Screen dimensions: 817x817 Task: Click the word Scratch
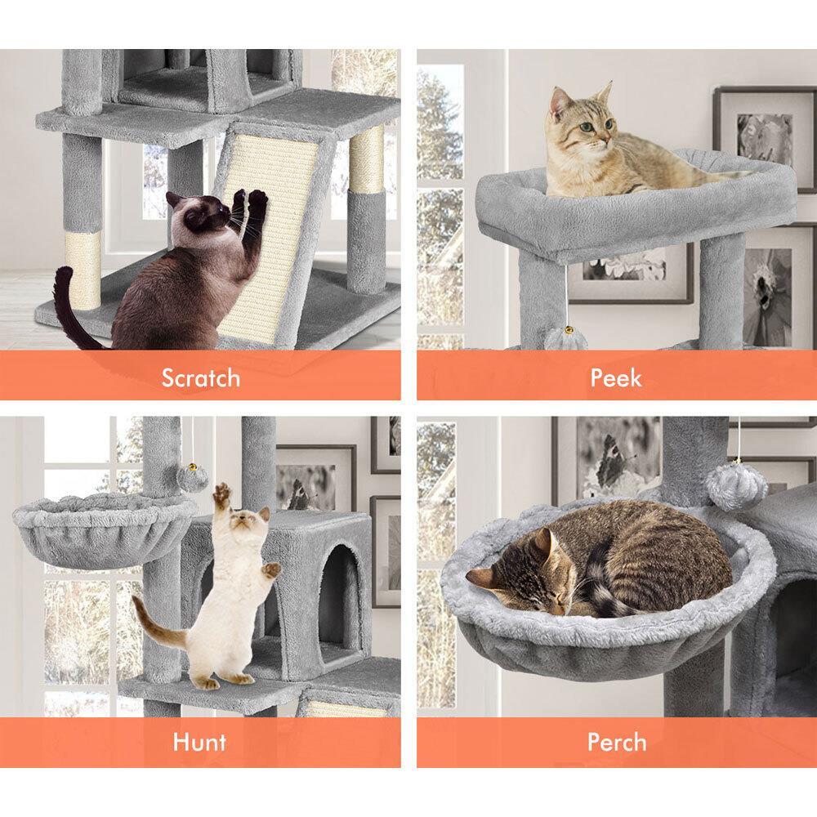(201, 377)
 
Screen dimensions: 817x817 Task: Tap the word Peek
(616, 377)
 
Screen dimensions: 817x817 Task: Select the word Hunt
(199, 742)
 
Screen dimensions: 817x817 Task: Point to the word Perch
(617, 742)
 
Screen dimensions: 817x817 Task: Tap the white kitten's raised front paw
(222, 492)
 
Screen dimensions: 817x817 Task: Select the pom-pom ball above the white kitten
(192, 477)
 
